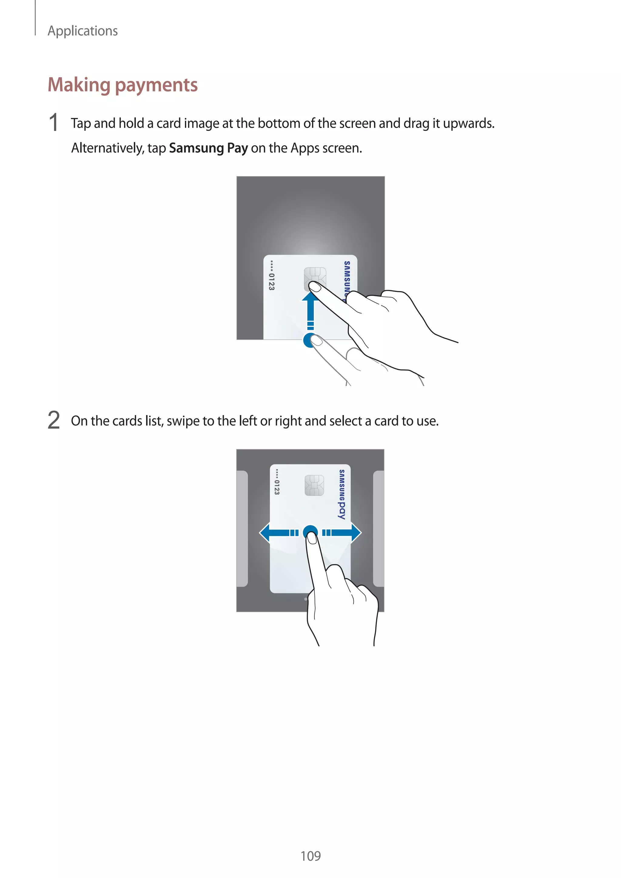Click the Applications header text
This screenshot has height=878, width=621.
(82, 31)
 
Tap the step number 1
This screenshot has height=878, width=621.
(54, 123)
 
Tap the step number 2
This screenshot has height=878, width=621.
(54, 420)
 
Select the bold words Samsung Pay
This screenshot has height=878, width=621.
(208, 148)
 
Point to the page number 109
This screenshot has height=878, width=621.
(310, 856)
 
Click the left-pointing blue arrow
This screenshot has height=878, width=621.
(277, 533)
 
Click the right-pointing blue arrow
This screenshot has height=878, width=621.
(343, 533)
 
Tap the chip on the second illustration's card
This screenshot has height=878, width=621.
(314, 485)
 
